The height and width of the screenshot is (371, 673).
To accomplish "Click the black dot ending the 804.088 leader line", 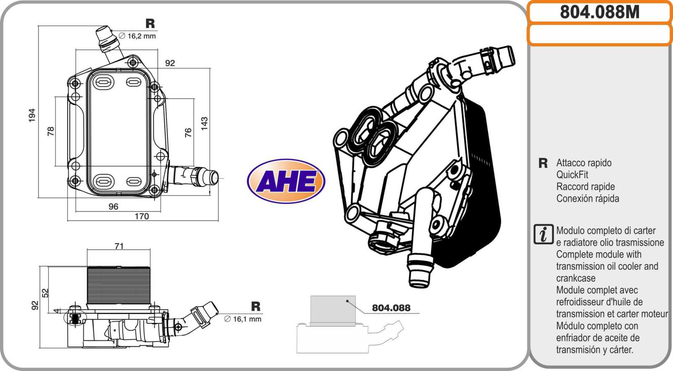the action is click(x=347, y=301).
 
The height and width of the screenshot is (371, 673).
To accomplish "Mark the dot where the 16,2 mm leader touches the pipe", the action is click(x=111, y=31).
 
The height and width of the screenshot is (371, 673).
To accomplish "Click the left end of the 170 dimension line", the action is click(x=68, y=221).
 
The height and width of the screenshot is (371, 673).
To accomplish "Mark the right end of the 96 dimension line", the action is click(x=160, y=211).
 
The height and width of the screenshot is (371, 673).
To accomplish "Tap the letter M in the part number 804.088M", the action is click(x=632, y=12).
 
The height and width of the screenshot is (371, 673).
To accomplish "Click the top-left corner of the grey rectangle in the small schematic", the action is click(x=311, y=296).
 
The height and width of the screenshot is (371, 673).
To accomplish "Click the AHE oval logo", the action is click(x=286, y=181).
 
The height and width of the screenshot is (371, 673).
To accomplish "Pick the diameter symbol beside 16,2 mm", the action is click(x=122, y=36).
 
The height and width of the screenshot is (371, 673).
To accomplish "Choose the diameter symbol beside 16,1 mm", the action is click(x=228, y=319).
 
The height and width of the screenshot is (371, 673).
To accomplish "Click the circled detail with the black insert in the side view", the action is click(x=75, y=318).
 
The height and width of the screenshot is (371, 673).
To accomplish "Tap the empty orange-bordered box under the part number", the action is click(x=600, y=35).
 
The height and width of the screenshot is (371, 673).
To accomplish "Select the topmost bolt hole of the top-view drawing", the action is click(x=133, y=63).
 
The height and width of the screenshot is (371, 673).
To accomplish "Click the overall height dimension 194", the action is click(x=32, y=115).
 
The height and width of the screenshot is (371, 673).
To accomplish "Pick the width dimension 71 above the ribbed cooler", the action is click(x=119, y=246).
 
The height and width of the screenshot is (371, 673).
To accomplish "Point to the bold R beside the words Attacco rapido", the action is click(x=543, y=163).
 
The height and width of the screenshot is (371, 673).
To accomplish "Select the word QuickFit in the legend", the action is click(x=572, y=174).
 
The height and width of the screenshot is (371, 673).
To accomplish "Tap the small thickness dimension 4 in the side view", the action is click(x=56, y=310).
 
